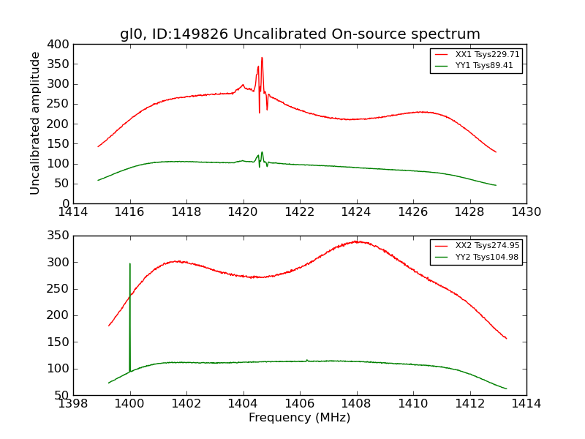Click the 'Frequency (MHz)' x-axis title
click(300, 418)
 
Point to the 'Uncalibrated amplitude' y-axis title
click(35, 123)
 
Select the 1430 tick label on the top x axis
click(526, 212)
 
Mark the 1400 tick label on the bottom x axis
click(130, 404)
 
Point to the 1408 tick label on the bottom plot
click(356, 404)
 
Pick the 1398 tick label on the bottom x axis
click(74, 404)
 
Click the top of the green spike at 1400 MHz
click(130, 263)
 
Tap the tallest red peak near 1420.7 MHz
click(262, 58)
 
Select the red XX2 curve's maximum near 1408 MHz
click(356, 241)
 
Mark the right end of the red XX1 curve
click(496, 152)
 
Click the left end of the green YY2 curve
click(108, 383)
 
